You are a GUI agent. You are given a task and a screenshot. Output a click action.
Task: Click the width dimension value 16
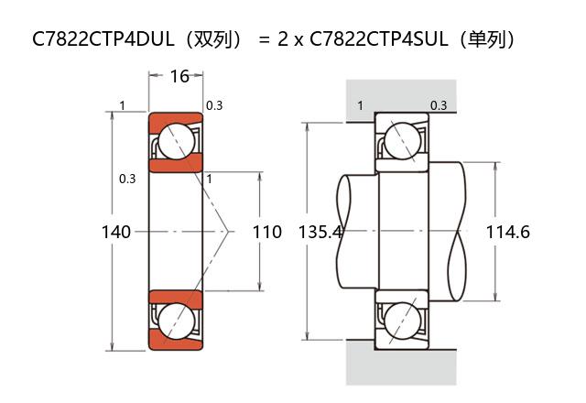point(179,76)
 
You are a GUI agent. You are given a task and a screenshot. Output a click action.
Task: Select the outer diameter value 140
point(116,232)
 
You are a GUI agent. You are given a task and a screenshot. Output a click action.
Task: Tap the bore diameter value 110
point(267,232)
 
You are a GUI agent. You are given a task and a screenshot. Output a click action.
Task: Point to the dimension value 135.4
point(320,232)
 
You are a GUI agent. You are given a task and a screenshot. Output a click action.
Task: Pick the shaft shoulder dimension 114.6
point(507,232)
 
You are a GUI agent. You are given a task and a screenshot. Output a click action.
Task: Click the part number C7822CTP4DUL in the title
point(103,38)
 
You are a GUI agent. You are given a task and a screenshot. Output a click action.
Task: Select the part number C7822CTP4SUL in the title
point(379,38)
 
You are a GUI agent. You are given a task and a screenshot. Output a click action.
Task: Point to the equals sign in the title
point(264,39)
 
